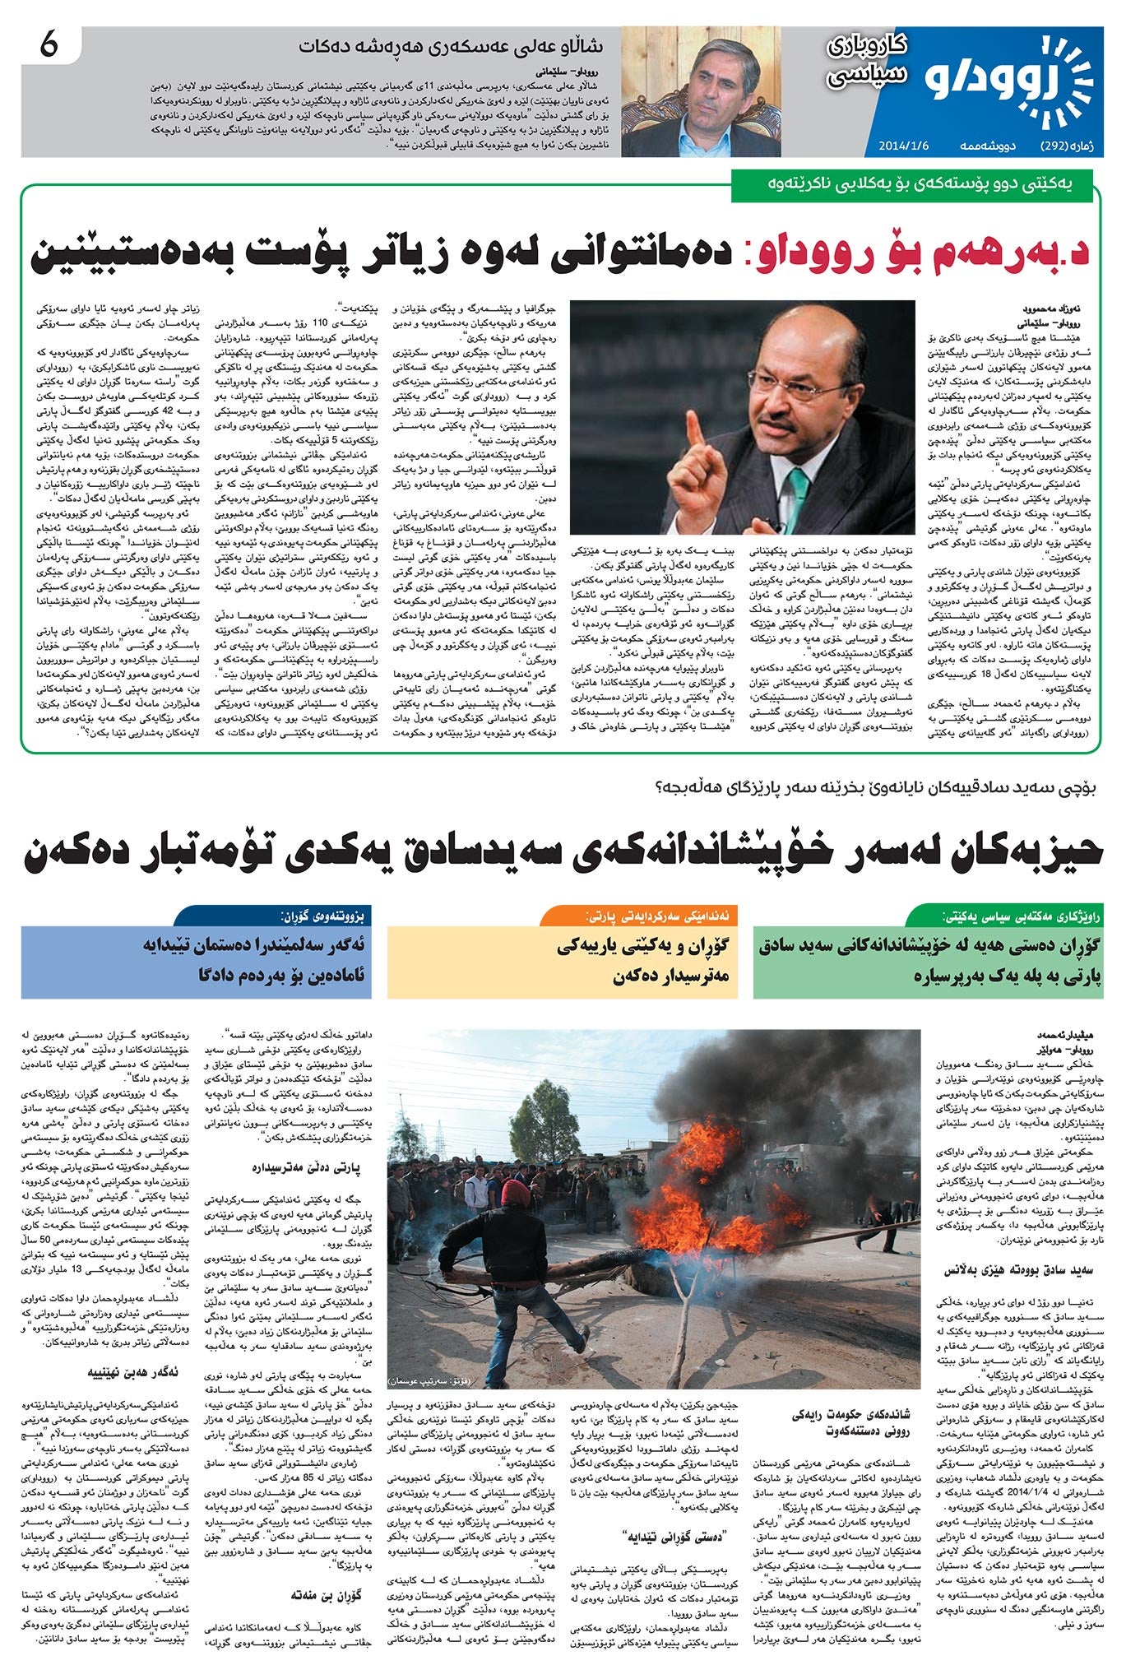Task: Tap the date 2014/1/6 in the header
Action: pyautogui.click(x=904, y=146)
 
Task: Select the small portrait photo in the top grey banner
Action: pyautogui.click(x=700, y=91)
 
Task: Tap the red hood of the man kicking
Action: pyautogui.click(x=514, y=1194)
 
